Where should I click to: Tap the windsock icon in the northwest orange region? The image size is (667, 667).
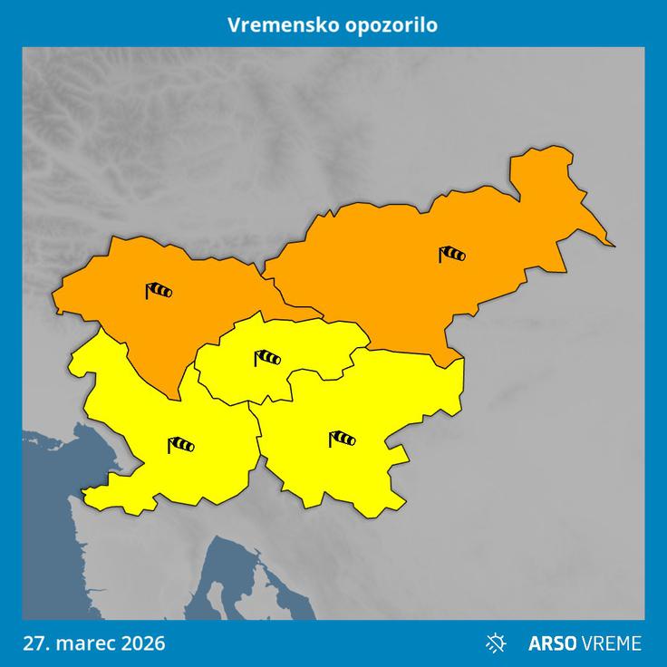(x=159, y=291)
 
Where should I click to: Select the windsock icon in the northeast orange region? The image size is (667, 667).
(x=451, y=255)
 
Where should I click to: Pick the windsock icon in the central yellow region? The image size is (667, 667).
(x=267, y=358)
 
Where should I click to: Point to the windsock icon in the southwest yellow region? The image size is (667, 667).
(x=180, y=444)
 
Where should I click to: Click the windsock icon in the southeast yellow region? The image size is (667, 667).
(x=342, y=440)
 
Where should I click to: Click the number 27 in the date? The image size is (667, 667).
(x=34, y=643)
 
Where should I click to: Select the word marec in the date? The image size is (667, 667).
(x=84, y=643)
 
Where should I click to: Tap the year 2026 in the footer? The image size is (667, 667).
(x=141, y=643)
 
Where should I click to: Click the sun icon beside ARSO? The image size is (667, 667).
(x=497, y=643)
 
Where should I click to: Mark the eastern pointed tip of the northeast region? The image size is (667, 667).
(x=614, y=245)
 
